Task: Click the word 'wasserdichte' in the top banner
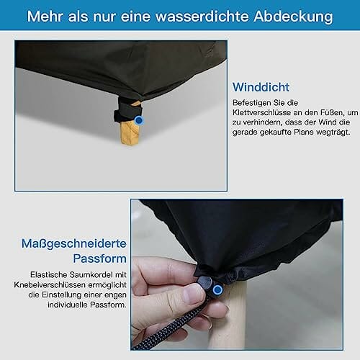[202, 16]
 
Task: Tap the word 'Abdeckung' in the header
[293, 17]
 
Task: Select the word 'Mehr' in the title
[45, 17]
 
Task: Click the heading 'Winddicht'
[261, 87]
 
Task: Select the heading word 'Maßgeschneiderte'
[74, 244]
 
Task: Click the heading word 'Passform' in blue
[99, 258]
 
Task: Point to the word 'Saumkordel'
[87, 274]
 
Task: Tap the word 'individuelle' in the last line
[68, 305]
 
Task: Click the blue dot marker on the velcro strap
[139, 120]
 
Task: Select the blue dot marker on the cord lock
[217, 289]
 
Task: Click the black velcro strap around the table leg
[127, 113]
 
